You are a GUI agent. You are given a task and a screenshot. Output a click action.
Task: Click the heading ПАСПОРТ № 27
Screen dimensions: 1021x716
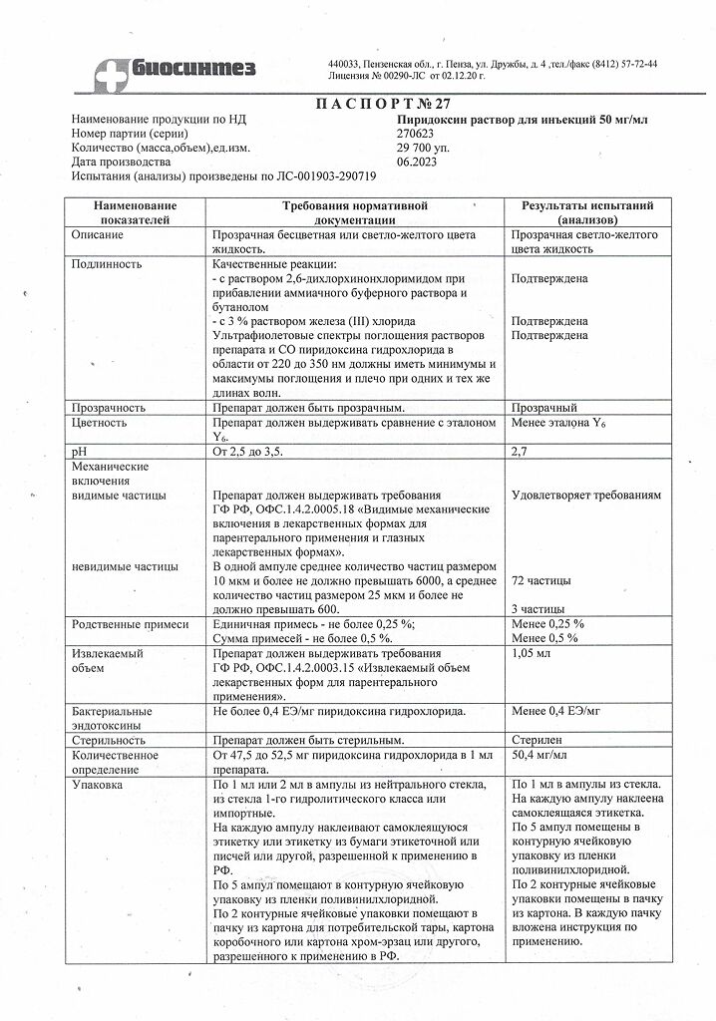pyautogui.click(x=360, y=103)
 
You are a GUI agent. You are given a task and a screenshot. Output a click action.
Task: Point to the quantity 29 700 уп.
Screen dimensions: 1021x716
pyautogui.click(x=424, y=148)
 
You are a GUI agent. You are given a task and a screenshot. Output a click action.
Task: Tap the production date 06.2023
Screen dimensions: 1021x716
pyautogui.click(x=416, y=162)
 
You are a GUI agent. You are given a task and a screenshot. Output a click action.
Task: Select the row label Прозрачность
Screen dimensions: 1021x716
pyautogui.click(x=109, y=408)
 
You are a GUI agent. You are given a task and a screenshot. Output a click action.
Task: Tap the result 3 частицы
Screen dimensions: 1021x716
pyautogui.click(x=537, y=608)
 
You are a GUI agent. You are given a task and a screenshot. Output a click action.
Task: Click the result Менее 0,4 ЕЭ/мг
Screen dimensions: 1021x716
pyautogui.click(x=556, y=713)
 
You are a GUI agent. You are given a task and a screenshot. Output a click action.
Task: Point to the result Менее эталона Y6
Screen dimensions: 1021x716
pyautogui.click(x=558, y=423)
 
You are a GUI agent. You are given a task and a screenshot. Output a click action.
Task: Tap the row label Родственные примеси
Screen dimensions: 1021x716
pyautogui.click(x=125, y=624)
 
